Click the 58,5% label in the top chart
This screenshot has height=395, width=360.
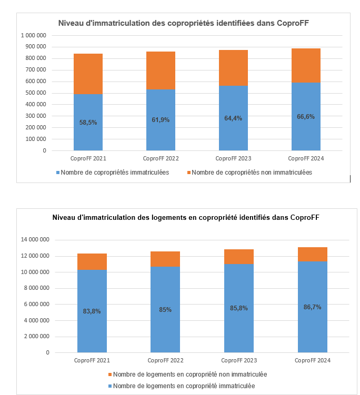tap(88, 123)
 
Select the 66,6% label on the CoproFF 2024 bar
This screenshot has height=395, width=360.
tap(306, 117)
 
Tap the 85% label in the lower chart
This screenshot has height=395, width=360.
tap(165, 310)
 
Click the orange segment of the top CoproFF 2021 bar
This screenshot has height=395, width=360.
tap(88, 74)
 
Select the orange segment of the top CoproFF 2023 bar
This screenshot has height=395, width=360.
tap(233, 68)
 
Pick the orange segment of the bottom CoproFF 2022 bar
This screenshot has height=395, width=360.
tap(165, 259)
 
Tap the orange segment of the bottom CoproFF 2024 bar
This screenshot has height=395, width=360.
tap(313, 254)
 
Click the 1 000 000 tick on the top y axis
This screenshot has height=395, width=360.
tap(33, 35)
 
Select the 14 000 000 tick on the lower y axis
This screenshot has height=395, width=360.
tap(35, 240)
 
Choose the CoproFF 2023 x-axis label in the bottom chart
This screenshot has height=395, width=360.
tap(239, 360)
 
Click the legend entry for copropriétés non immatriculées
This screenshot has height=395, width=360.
tap(252, 173)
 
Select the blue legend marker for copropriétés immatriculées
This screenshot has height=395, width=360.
tap(57, 173)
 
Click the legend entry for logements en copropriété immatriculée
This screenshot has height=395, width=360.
tap(184, 386)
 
